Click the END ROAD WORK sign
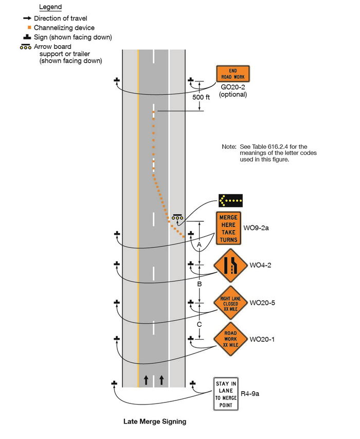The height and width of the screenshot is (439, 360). tap(232, 74)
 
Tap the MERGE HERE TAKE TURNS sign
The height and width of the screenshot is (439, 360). tap(228, 229)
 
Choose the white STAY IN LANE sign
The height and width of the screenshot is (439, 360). tap(226, 394)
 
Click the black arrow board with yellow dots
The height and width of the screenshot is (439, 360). tap(230, 200)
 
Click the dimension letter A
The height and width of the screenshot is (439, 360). tap(200, 246)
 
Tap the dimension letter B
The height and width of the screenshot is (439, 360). tap(200, 284)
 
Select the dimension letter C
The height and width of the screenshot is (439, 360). tap(200, 324)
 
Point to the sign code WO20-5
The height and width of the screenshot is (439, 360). tap(262, 302)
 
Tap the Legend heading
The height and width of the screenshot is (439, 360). tap(50, 7)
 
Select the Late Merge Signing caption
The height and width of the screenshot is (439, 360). tap(155, 422)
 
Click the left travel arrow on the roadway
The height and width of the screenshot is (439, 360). tap(146, 380)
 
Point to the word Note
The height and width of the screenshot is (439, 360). tap(229, 147)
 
